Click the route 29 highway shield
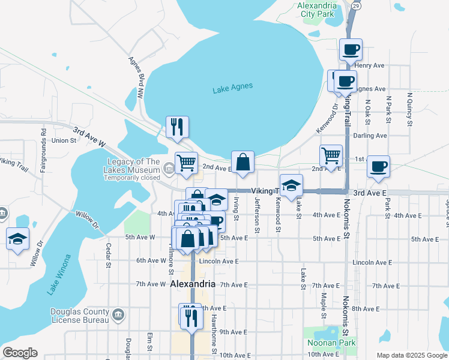(356, 5)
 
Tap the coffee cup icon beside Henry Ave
(351, 50)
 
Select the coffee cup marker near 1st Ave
(378, 167)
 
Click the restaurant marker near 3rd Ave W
(177, 127)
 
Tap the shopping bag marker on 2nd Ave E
(243, 162)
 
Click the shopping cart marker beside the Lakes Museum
(186, 162)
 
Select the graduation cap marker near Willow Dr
(18, 239)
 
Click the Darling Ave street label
(370, 136)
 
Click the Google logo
(20, 353)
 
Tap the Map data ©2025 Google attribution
(411, 355)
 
